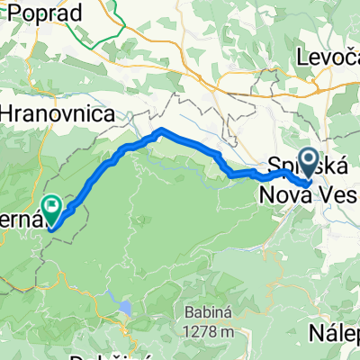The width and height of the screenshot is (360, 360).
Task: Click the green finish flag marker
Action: point(53,210)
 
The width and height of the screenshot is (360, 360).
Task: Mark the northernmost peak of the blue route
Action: point(161,130)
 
